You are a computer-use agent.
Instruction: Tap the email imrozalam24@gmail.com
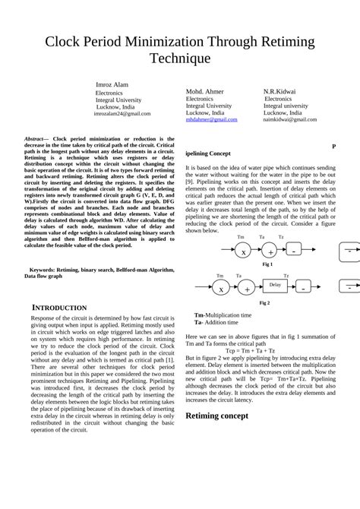122,114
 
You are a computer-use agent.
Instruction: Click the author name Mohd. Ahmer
205,91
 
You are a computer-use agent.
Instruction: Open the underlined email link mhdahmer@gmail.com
211,120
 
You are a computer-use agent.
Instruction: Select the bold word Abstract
36,140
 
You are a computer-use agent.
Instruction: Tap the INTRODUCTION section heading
59,308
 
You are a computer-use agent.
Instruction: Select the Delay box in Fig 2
275,286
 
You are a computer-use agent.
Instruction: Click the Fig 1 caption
267,264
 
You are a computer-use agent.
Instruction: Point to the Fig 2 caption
264,303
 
